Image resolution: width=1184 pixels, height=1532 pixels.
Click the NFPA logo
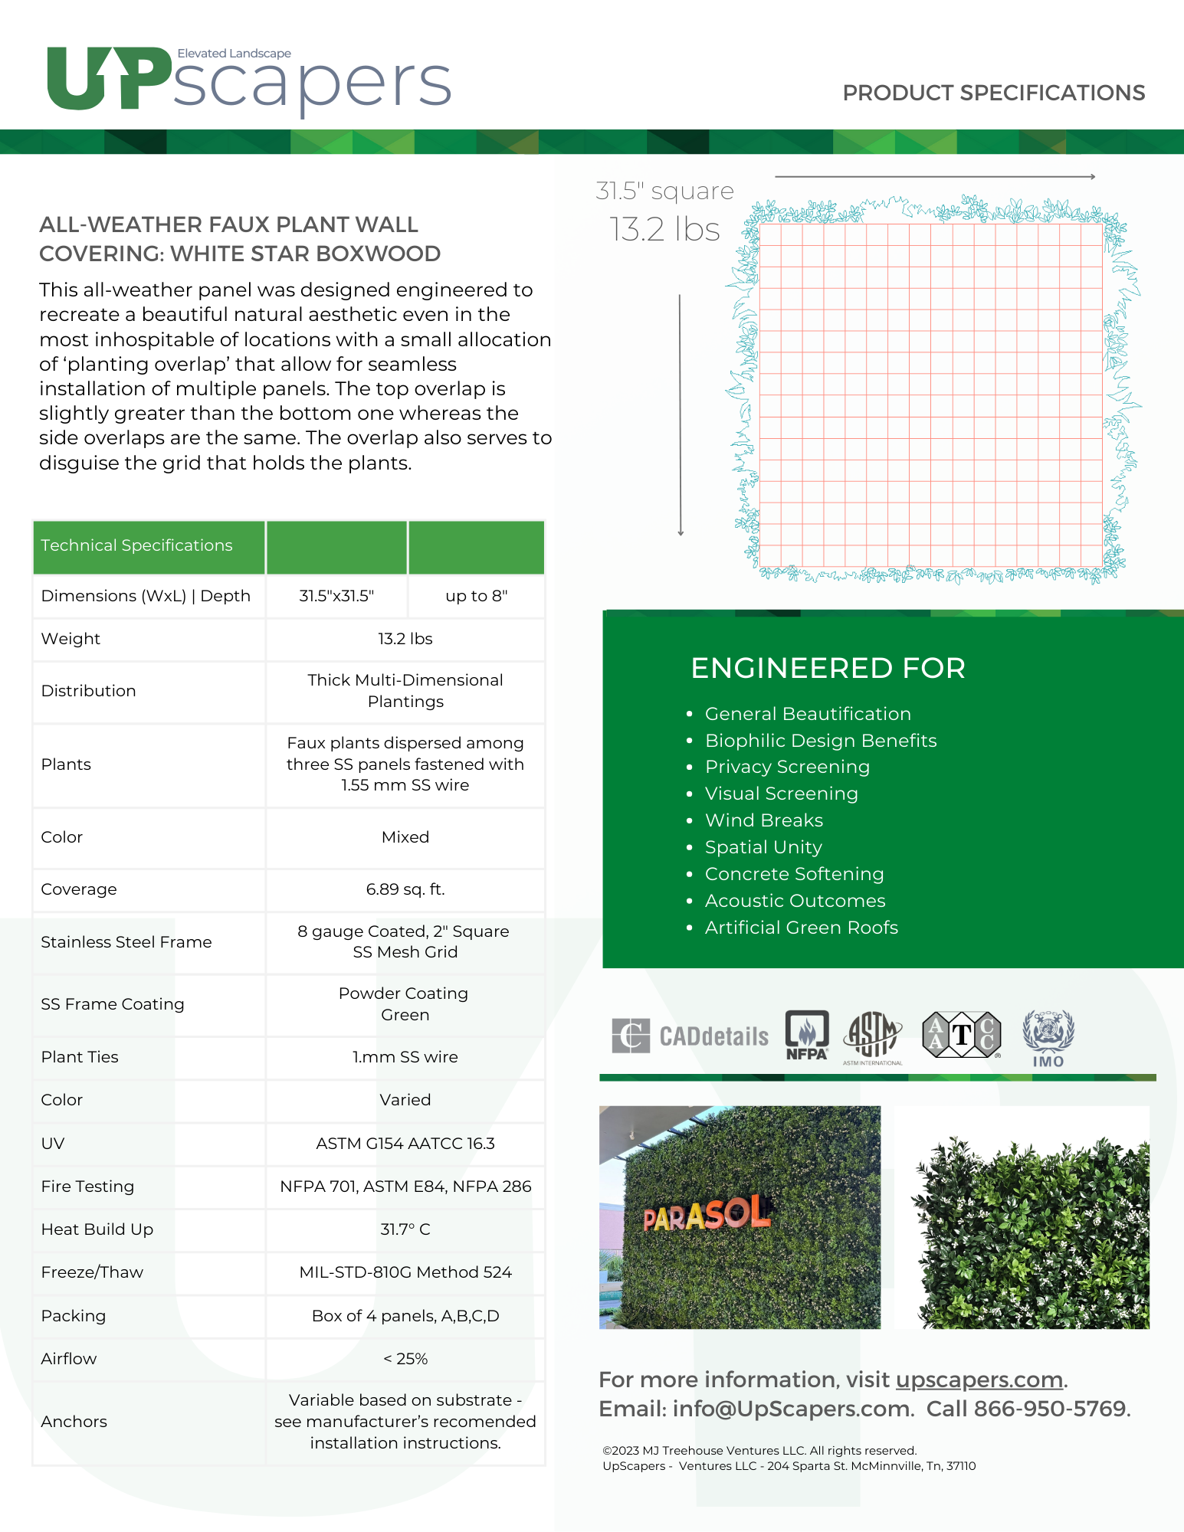(807, 1035)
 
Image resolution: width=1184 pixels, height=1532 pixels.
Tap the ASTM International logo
(872, 1036)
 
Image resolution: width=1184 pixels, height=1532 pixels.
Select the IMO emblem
(1048, 1038)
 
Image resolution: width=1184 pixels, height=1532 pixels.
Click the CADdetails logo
(690, 1036)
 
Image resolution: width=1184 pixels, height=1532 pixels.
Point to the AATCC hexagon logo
(962, 1035)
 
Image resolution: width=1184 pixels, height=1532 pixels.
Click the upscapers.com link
(979, 1380)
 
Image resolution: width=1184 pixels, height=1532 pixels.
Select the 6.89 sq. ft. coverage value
(405, 889)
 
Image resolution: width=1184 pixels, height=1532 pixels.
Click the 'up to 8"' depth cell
(476, 596)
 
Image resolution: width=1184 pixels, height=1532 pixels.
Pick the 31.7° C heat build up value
(405, 1229)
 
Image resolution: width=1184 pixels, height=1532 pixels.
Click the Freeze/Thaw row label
(92, 1272)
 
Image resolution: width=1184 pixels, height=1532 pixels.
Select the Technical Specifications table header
(136, 545)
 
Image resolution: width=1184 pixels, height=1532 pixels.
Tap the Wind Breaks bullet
(764, 820)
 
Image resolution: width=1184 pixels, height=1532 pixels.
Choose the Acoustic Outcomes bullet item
(795, 901)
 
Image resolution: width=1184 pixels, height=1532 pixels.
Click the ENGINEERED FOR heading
(828, 668)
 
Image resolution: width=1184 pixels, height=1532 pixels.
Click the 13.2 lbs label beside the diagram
(664, 230)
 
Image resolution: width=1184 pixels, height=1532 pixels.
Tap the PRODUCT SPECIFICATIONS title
(993, 93)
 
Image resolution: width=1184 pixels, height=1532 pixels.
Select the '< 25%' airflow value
(405, 1359)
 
